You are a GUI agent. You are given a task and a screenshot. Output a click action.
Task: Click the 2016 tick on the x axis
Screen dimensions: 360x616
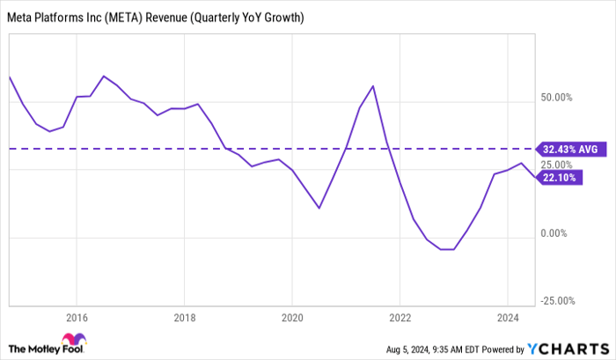77,318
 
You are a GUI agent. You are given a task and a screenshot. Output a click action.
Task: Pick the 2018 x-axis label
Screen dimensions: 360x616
184,318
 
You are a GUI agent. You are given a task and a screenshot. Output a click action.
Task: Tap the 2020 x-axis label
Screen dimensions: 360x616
292,318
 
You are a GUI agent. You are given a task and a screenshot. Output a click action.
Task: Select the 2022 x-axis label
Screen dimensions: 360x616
400,318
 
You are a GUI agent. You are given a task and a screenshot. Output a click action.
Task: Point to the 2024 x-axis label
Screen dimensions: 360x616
507,318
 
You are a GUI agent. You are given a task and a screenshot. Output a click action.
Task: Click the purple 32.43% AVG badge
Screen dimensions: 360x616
568,150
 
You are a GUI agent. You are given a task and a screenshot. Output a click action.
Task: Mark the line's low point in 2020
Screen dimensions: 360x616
319,208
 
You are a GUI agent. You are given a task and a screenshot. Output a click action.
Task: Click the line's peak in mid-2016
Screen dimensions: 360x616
104,77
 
